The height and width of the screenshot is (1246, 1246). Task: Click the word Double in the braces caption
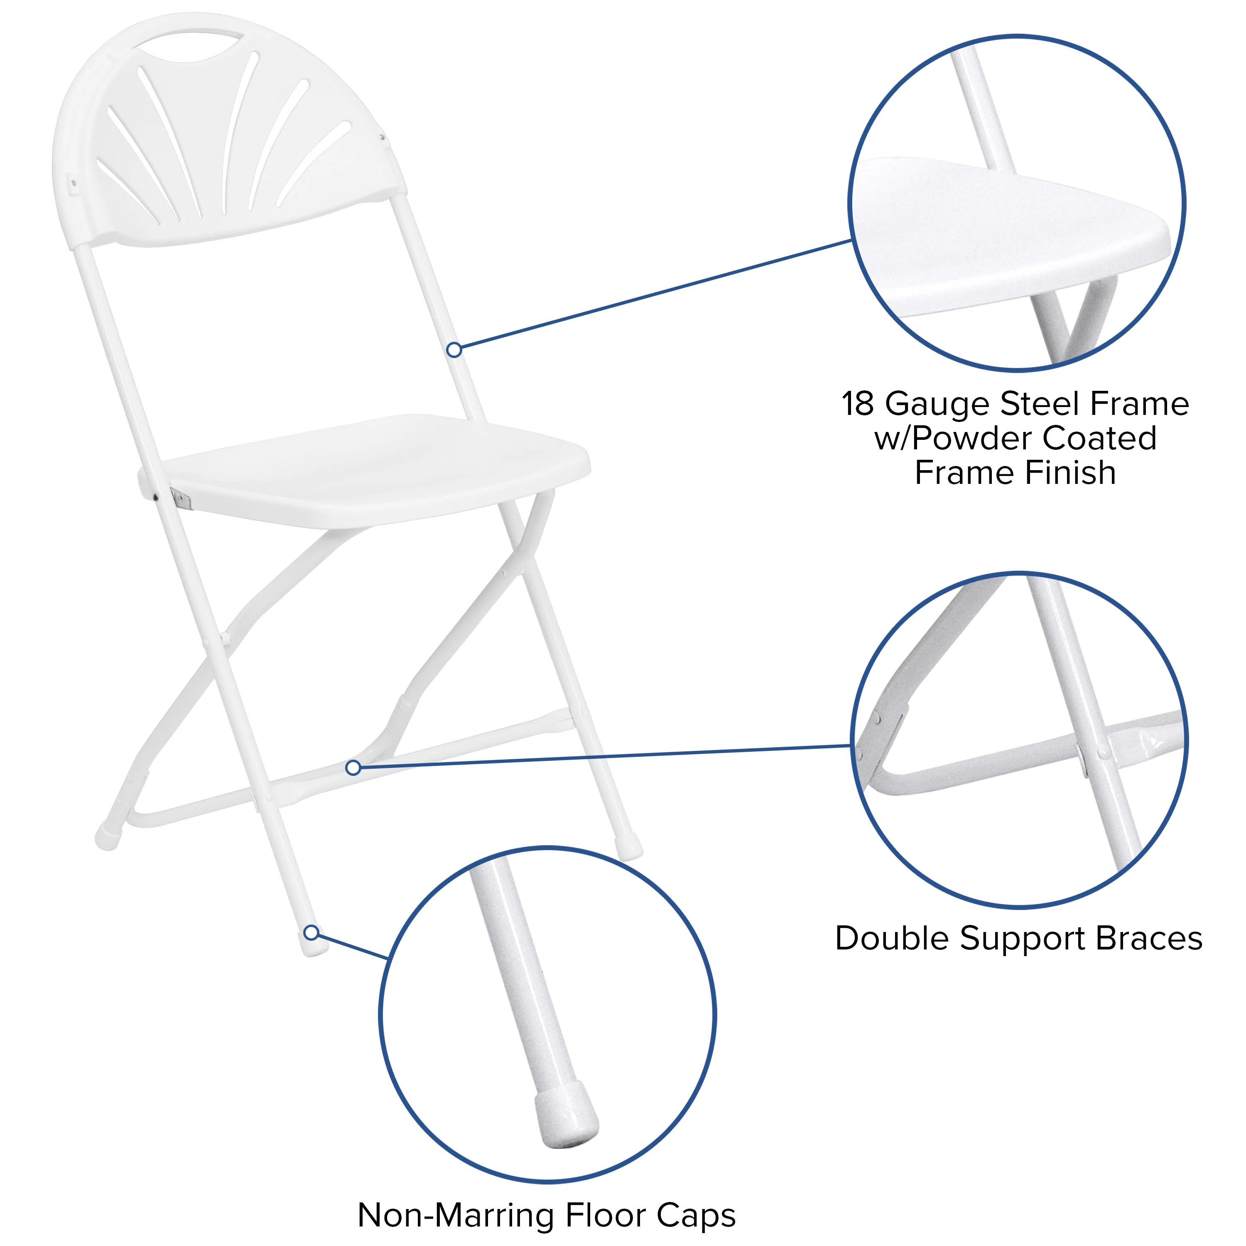(893, 938)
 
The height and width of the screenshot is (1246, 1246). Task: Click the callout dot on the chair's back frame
(454, 350)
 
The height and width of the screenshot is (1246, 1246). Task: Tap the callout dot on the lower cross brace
(353, 768)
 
